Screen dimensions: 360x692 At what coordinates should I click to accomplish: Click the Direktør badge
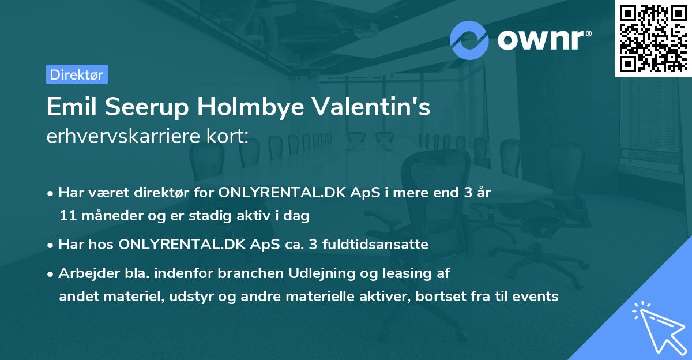point(77,74)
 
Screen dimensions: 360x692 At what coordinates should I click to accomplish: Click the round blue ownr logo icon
point(469,39)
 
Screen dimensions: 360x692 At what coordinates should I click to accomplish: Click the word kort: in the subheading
point(227,136)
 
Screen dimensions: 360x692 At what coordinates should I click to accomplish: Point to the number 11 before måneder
point(66,216)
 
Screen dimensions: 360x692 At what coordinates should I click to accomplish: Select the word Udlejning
point(315,273)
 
